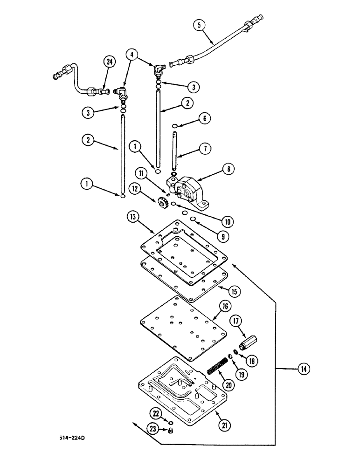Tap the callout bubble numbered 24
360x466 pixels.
[x=110, y=62]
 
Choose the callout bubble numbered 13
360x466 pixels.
[x=132, y=217]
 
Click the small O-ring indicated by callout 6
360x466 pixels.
[x=174, y=126]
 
